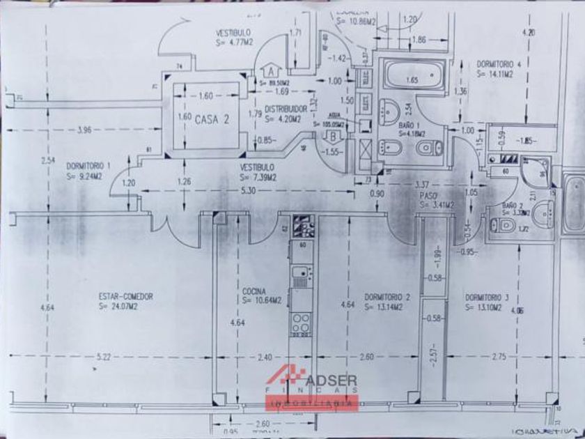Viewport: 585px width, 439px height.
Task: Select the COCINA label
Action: [x=255, y=292]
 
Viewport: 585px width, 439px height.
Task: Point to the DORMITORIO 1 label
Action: [x=88, y=167]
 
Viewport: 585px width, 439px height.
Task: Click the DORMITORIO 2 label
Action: [x=387, y=297]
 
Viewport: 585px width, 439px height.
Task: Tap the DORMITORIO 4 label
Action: [x=499, y=63]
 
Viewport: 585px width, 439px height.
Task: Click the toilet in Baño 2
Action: [x=502, y=224]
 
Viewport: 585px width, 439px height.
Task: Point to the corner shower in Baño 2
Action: [x=533, y=170]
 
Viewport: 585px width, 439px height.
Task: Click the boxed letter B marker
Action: [x=335, y=134]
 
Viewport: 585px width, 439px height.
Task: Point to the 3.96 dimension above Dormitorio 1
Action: [x=85, y=129]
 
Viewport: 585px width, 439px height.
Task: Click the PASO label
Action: [x=428, y=197]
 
